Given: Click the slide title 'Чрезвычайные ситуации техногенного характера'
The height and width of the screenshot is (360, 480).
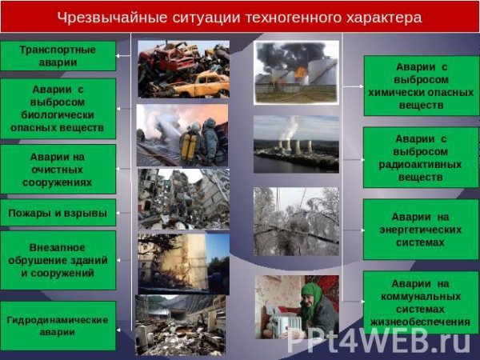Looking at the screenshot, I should (239, 17).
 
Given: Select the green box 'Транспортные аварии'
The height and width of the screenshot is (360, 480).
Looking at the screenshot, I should (58, 55).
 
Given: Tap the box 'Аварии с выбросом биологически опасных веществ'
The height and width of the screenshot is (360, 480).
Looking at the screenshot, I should (58, 108).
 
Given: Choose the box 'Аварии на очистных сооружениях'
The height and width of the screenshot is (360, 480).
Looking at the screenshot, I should (58, 169).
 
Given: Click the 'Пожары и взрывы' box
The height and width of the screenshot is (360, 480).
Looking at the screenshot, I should (58, 213).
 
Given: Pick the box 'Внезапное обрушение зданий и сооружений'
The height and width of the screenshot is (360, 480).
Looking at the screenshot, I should (58, 260).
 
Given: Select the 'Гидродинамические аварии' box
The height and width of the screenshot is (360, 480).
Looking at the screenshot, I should (58, 325).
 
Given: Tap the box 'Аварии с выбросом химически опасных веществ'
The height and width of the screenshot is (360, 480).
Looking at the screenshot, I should (420, 86).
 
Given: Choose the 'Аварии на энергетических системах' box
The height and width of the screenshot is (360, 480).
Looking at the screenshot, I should (420, 229).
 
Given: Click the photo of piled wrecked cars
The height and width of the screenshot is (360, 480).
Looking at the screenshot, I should (182, 70).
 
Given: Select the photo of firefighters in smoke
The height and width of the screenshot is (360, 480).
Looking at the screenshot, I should (182, 134).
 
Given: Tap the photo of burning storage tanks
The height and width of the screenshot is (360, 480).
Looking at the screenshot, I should (296, 73).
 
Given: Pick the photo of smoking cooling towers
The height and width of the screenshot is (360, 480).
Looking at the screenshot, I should (296, 144).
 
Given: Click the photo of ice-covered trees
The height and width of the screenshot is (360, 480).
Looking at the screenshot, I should (296, 221).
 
